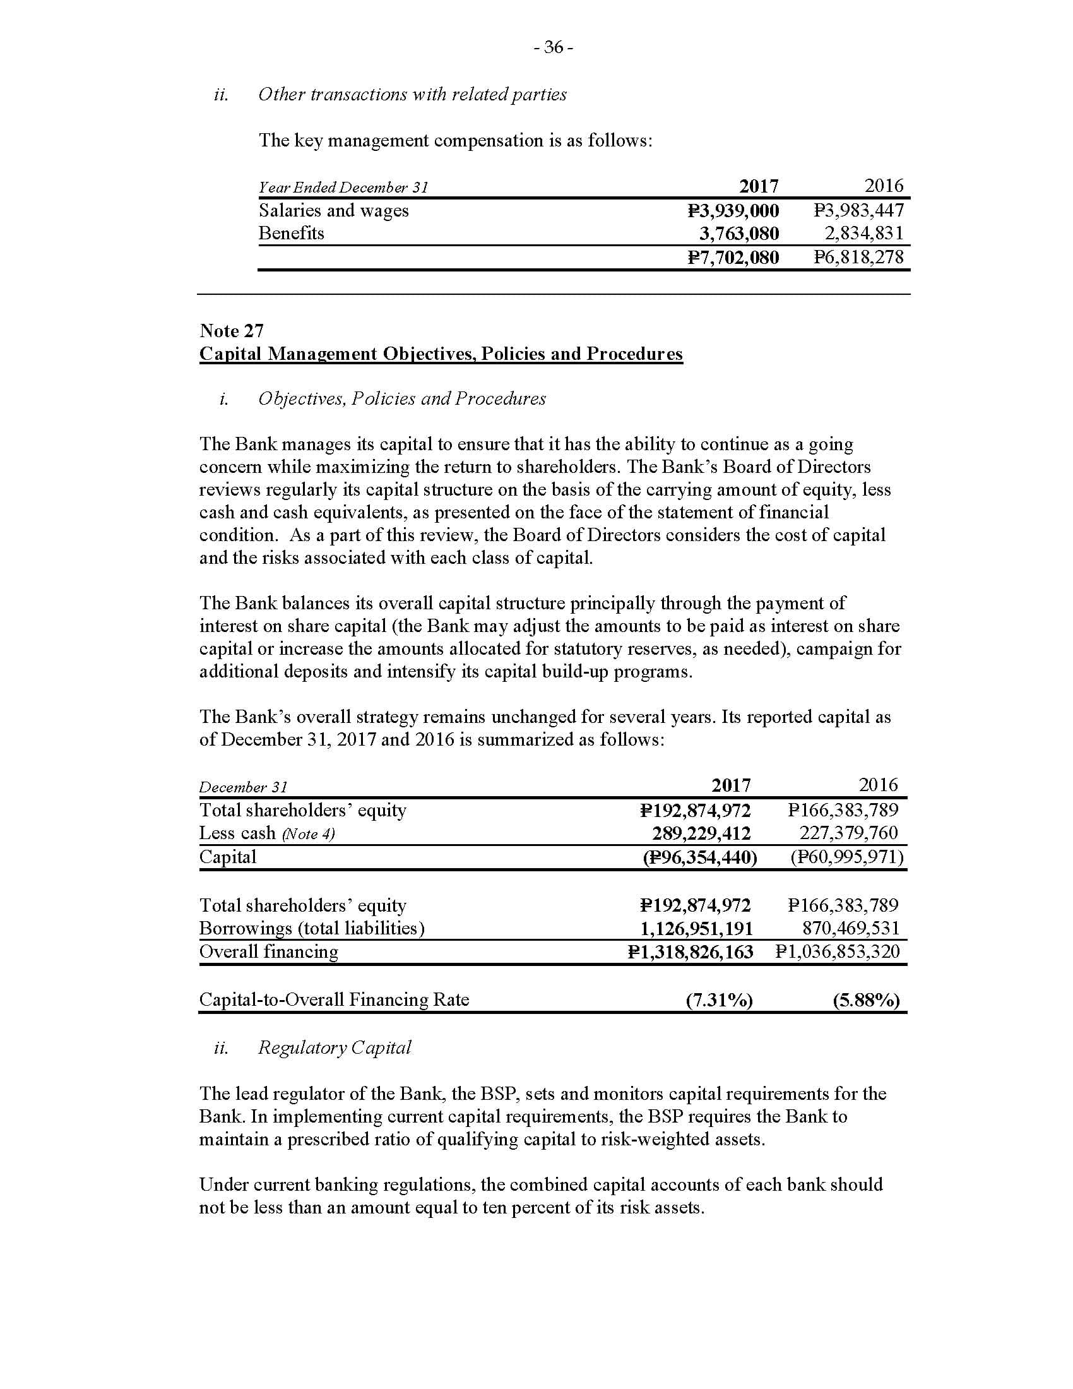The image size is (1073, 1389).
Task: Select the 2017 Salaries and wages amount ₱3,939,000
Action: [733, 210]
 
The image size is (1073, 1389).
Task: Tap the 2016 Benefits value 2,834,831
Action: [864, 234]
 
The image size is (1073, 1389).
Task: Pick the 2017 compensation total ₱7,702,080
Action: [733, 258]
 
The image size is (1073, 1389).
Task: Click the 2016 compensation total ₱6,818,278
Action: [859, 258]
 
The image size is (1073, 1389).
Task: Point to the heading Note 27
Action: [232, 331]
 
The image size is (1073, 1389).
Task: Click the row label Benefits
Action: [291, 234]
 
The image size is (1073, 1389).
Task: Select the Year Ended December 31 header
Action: [343, 188]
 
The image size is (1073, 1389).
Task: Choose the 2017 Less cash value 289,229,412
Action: [701, 833]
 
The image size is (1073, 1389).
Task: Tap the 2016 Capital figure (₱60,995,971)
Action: [846, 857]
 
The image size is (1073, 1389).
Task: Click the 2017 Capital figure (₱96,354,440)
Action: [700, 857]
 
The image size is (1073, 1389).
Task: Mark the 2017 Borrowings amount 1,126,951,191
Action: [696, 929]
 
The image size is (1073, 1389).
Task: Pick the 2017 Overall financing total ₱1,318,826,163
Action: [691, 952]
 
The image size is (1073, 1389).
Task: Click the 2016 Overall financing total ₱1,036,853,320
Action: [838, 952]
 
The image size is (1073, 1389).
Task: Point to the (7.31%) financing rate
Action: [719, 1001]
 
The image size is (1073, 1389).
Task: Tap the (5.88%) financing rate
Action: [866, 1001]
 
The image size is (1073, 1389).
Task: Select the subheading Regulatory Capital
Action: [335, 1047]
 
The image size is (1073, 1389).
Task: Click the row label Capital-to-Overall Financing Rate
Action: [335, 1000]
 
